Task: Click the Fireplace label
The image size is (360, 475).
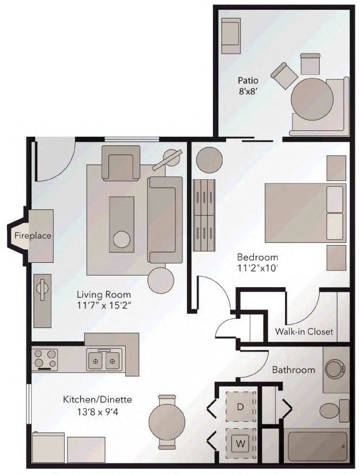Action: [33, 236]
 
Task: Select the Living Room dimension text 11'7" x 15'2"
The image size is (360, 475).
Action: [102, 304]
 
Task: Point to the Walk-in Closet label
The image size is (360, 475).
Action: [304, 331]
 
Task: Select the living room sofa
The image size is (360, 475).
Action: [164, 219]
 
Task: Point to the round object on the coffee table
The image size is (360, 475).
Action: [122, 239]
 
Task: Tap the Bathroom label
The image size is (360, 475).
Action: [294, 370]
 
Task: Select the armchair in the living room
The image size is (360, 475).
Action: [121, 163]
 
